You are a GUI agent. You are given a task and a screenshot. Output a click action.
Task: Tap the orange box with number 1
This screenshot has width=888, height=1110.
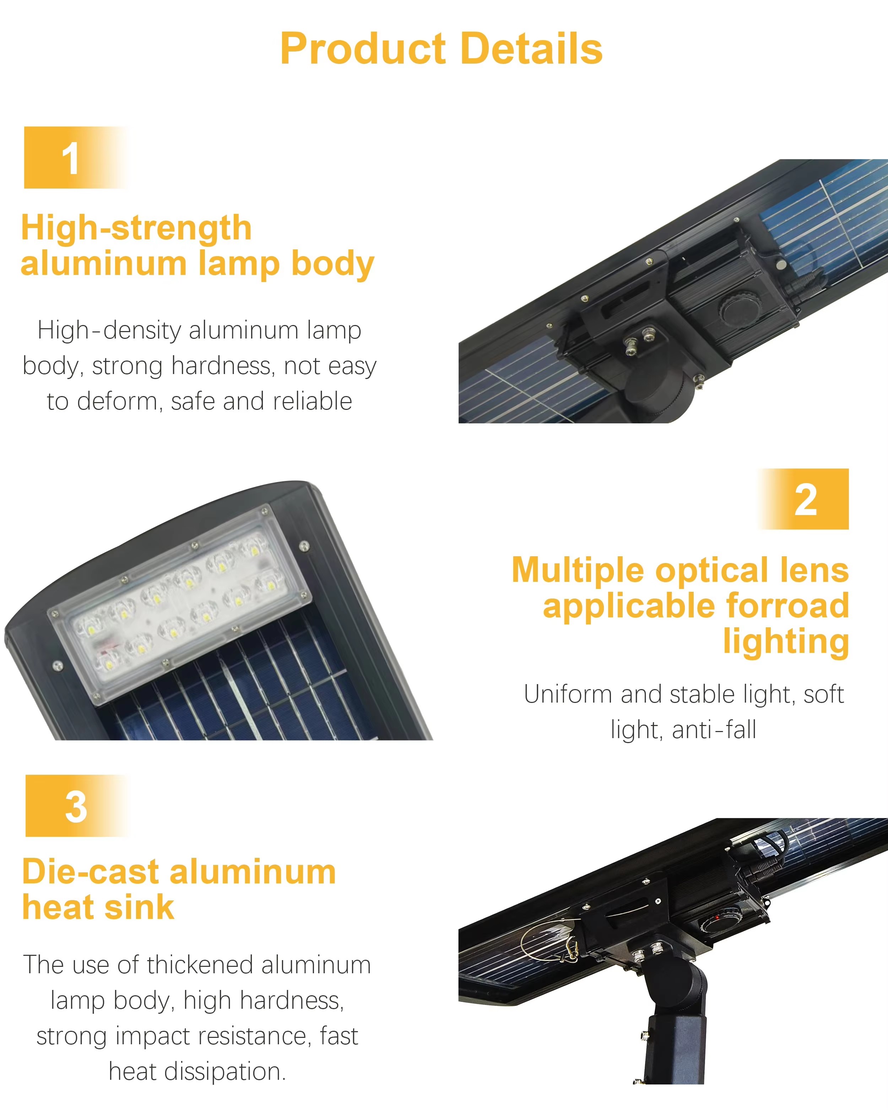[x=76, y=158]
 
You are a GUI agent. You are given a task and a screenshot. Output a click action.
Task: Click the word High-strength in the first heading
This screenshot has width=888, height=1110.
[x=136, y=228]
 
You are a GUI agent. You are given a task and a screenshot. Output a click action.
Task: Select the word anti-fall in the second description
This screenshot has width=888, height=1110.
[x=715, y=730]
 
